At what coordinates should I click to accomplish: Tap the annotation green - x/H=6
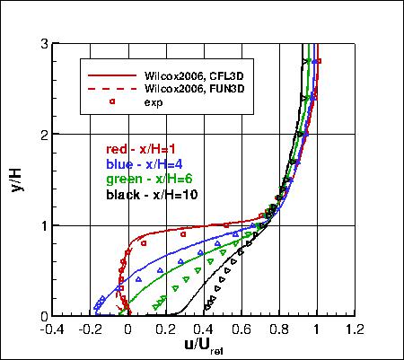click(x=145, y=179)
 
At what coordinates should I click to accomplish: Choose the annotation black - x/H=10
click(x=150, y=194)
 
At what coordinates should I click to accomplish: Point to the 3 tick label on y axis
click(x=44, y=43)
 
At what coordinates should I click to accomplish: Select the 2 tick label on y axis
click(x=44, y=135)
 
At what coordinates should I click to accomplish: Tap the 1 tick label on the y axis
click(x=44, y=225)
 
